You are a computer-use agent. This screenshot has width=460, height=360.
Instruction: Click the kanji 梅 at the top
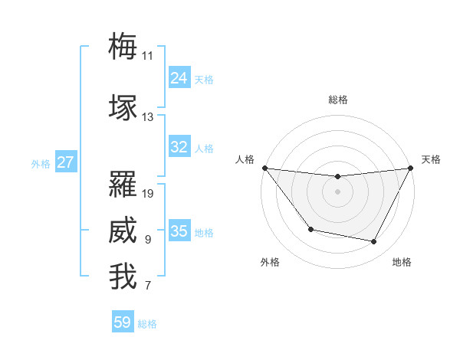[123, 46]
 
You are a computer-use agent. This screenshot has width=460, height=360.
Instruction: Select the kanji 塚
[123, 107]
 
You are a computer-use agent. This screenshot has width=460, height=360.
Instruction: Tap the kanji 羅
[123, 184]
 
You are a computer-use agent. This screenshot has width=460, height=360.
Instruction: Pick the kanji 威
[123, 231]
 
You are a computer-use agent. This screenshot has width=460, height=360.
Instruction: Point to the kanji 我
[123, 277]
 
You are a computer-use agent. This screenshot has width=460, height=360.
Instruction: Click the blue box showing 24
[179, 77]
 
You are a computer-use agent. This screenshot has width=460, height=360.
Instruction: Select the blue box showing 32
[179, 147]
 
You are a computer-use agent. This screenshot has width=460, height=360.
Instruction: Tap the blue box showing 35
[179, 231]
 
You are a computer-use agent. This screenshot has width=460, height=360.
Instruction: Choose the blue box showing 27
[66, 162]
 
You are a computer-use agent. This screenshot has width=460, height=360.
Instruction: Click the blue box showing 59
[123, 322]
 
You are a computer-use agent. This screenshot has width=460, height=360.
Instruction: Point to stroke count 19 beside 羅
[148, 194]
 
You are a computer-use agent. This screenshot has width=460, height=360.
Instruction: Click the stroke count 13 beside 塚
[148, 117]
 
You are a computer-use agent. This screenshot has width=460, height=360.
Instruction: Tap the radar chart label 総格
[338, 100]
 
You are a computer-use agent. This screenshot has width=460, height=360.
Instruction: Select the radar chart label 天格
[431, 159]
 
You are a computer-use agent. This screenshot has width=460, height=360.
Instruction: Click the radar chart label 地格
[402, 262]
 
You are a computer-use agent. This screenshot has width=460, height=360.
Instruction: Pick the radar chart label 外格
[270, 262]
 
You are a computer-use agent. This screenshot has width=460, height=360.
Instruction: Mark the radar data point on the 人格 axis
[264, 168]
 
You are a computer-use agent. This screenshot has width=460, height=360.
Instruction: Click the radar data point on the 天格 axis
[411, 168]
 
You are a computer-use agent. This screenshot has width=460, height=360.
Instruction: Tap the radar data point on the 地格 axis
[374, 242]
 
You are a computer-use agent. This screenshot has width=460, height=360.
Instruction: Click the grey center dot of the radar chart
[337, 191]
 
